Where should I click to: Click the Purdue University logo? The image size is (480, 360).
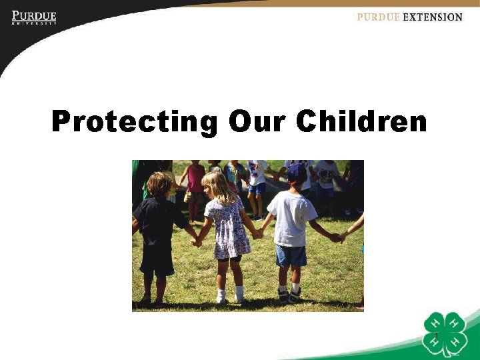tap(34, 17)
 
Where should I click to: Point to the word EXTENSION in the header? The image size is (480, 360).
tap(433, 17)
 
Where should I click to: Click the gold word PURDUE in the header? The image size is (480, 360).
tap(378, 17)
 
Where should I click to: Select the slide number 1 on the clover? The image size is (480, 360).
tap(436, 335)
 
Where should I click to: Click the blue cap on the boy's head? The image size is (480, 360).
tap(295, 172)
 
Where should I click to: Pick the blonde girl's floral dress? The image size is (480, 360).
tap(227, 227)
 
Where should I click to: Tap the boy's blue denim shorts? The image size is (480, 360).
tap(291, 254)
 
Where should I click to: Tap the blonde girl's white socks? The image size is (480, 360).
tap(230, 293)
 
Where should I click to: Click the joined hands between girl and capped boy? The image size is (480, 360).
tap(257, 233)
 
